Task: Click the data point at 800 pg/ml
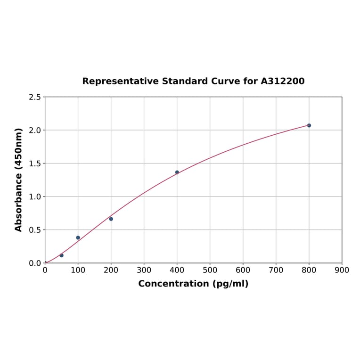pyautogui.click(x=309, y=125)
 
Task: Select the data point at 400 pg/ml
pyautogui.click(x=177, y=172)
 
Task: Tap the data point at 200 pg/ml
pyautogui.click(x=111, y=219)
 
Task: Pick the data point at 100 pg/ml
pyautogui.click(x=78, y=237)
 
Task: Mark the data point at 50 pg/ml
pyautogui.click(x=62, y=255)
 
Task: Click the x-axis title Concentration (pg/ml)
pyautogui.click(x=193, y=284)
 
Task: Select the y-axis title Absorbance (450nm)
pyautogui.click(x=19, y=180)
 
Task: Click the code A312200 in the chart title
pyautogui.click(x=282, y=81)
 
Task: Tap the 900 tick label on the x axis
pyautogui.click(x=342, y=270)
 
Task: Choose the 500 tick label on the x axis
pyautogui.click(x=210, y=270)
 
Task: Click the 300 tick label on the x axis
pyautogui.click(x=144, y=270)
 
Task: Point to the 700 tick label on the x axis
pyautogui.click(x=276, y=270)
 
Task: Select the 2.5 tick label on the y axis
pyautogui.click(x=35, y=97)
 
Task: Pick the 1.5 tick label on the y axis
pyautogui.click(x=35, y=164)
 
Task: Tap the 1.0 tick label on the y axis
pyautogui.click(x=35, y=196)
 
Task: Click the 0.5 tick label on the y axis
pyautogui.click(x=35, y=230)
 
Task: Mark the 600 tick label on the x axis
pyautogui.click(x=243, y=270)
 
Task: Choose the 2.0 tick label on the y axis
pyautogui.click(x=35, y=130)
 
